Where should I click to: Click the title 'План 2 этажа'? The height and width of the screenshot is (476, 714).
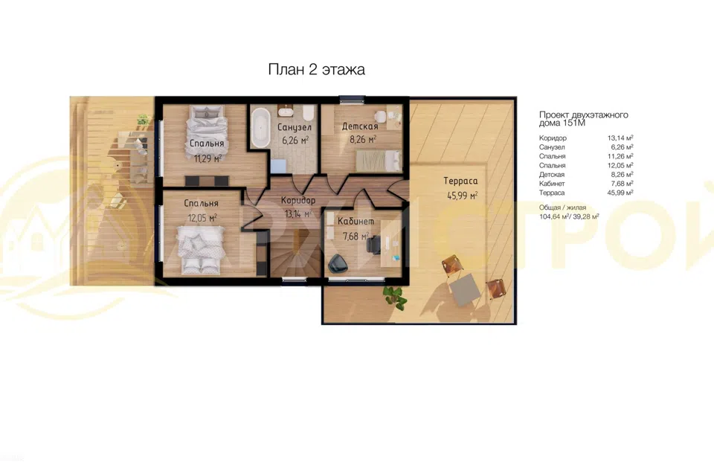[317, 70]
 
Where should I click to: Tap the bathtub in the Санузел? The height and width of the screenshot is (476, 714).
[260, 127]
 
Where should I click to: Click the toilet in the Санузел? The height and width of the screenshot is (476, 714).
[308, 112]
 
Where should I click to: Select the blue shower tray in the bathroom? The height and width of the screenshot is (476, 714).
[278, 165]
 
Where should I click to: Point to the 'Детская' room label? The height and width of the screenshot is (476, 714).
[360, 126]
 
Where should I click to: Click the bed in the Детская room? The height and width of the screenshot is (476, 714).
[379, 161]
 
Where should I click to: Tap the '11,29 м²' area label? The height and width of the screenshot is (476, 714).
[208, 158]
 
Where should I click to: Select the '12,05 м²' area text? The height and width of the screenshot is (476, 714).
[202, 218]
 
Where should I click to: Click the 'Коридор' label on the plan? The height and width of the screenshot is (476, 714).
[298, 200]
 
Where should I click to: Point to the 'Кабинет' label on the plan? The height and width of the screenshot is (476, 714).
[356, 222]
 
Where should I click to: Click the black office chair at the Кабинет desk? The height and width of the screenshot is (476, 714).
[374, 245]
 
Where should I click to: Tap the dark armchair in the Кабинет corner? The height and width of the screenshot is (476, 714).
[338, 263]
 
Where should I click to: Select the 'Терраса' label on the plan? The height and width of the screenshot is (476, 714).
[461, 181]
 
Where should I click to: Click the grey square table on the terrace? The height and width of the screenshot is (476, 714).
[465, 290]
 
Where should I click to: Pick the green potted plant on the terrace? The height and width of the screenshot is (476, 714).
[394, 297]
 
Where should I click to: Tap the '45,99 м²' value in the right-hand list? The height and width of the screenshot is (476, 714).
[620, 193]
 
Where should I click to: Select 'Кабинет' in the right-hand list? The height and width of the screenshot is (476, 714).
[552, 184]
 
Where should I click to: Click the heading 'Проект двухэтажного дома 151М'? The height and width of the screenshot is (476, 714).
[584, 118]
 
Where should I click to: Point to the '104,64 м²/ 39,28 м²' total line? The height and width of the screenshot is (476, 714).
[569, 217]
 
